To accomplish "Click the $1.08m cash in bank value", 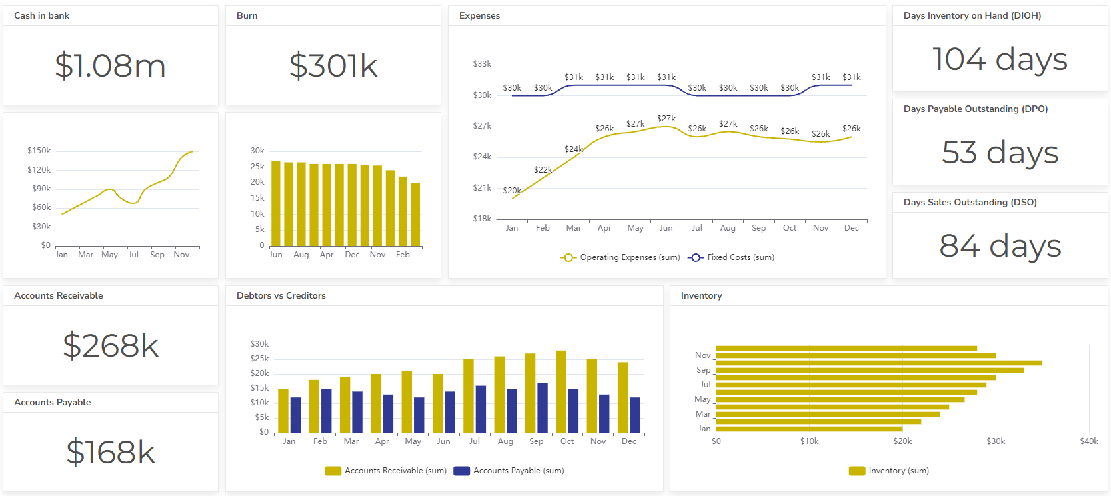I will point(110,66).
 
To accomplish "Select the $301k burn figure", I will point(333,66).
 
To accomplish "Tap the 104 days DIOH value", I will point(999,59).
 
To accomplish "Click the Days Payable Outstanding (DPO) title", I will point(975,109).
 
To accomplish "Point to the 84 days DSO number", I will point(999,246).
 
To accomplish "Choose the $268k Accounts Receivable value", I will point(110,346).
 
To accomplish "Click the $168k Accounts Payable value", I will point(110,453).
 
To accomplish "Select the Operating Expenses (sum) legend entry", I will point(620,257).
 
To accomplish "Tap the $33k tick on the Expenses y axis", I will point(482,64).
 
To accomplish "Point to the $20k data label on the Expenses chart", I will point(512,191).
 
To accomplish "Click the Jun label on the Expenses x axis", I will point(666,228).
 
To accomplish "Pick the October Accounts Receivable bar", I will point(561,392).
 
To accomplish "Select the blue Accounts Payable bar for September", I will point(543,408).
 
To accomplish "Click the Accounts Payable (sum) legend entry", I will point(509,471).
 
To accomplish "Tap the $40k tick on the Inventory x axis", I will point(1088,441).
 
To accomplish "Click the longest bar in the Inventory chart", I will point(878,363).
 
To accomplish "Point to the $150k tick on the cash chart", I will point(39,151).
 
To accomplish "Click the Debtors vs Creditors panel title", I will point(281,295).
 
